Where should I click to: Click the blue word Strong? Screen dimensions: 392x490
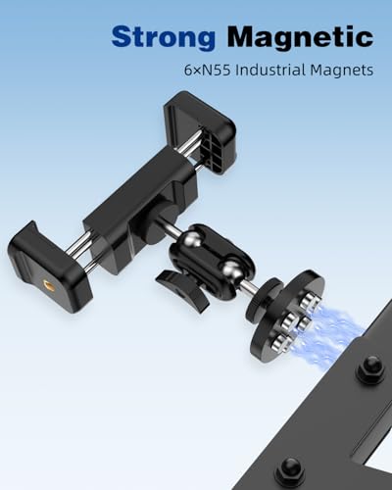pos(163,38)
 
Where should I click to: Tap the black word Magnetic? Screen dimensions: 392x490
pos(300,36)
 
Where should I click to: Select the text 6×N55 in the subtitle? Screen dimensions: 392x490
pos(207,71)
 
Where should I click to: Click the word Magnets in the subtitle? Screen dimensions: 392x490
pos(341,71)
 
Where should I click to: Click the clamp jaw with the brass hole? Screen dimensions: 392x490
pos(49,263)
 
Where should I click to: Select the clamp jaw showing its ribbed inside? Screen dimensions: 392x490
pos(200,130)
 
